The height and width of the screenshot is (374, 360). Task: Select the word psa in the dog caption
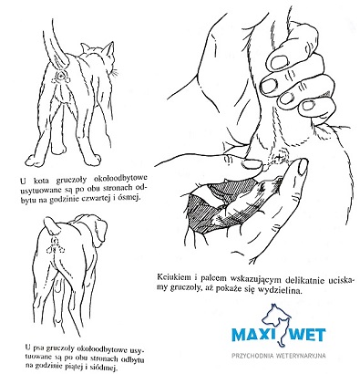[36, 348]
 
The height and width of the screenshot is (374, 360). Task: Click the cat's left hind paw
[34, 160]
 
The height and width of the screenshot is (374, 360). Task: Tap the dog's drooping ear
[101, 231]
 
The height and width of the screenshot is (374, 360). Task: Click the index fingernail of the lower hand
[303, 167]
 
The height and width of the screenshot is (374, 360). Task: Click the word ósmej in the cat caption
[129, 198]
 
